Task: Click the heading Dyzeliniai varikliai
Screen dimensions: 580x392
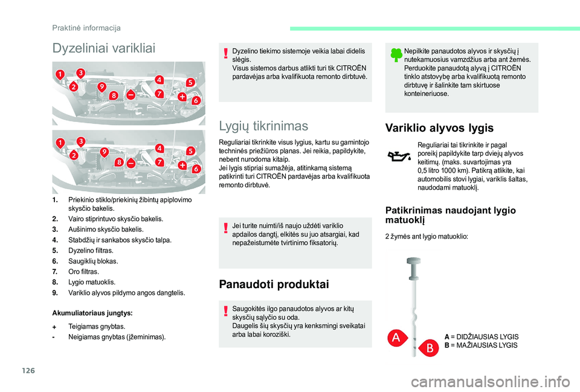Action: coord(104,48)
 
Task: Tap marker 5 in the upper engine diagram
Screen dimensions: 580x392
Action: coord(190,83)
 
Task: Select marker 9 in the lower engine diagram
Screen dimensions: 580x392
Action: coord(105,152)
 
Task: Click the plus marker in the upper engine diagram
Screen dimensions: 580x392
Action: coord(182,97)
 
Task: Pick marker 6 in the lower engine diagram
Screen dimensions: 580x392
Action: coord(196,169)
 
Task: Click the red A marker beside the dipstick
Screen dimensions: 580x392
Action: coord(396,338)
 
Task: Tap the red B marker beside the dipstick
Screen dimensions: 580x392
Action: coord(430,348)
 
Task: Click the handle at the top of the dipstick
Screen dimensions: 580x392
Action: coord(413,268)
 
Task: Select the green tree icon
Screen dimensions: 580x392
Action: coord(396,55)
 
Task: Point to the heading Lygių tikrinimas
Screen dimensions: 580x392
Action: coord(263,126)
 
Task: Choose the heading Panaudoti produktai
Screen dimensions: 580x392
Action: coord(274,284)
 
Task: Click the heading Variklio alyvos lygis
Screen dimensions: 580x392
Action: coord(439,128)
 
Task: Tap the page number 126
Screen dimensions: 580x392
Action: coord(28,370)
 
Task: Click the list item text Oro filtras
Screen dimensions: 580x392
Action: coord(83,271)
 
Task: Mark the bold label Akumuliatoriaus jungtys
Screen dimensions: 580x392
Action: coord(92,313)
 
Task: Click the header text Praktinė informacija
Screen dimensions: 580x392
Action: coord(86,28)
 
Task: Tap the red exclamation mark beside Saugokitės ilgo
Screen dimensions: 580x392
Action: coord(225,311)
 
